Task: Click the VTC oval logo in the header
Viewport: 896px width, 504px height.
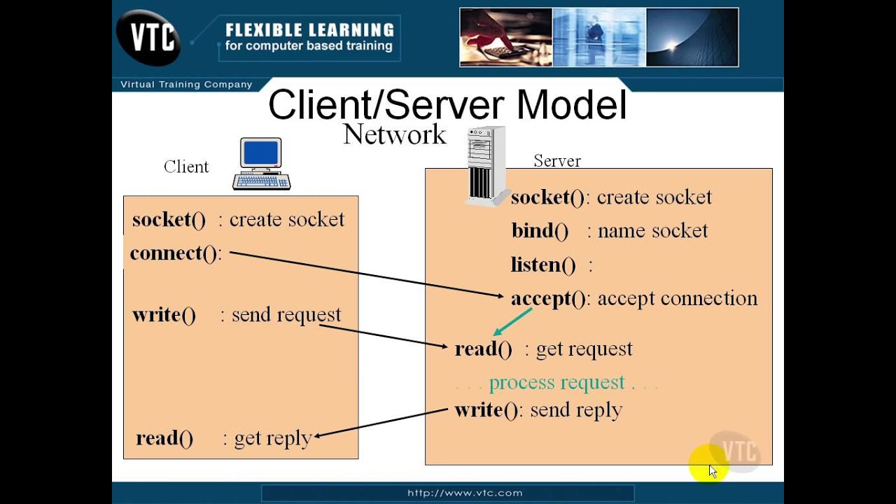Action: point(149,37)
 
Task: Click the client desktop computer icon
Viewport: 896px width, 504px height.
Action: point(261,164)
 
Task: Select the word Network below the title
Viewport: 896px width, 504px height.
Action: point(394,134)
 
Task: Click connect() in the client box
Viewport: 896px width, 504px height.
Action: point(174,253)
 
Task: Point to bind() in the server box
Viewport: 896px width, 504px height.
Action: point(539,231)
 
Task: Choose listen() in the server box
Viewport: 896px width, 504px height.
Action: point(543,265)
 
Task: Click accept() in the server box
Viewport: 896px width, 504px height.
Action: point(548,299)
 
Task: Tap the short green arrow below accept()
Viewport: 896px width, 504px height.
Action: point(512,321)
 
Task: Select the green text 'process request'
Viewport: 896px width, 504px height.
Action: point(556,383)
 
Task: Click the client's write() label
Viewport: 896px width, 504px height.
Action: point(164,315)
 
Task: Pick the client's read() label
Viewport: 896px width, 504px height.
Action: point(164,438)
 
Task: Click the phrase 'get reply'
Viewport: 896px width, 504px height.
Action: point(272,438)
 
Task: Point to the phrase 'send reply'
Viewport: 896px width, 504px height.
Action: point(575,410)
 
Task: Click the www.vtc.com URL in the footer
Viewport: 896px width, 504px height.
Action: point(465,493)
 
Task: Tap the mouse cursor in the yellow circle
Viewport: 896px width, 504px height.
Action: point(712,470)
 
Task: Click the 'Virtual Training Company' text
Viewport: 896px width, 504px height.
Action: point(186,85)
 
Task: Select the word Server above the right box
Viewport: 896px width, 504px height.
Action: point(557,161)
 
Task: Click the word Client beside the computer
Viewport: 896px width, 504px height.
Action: point(186,167)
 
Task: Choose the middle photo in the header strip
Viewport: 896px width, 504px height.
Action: point(598,37)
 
